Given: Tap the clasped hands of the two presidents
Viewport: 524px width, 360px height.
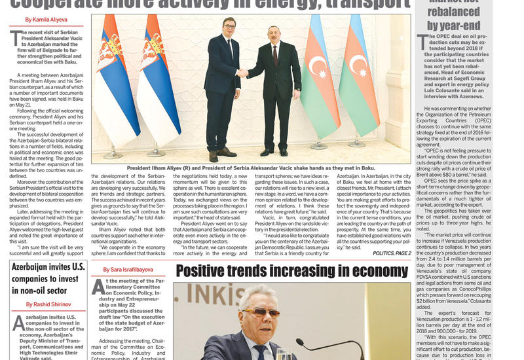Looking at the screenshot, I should [x=243, y=73].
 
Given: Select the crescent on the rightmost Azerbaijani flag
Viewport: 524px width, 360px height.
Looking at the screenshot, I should [x=357, y=65].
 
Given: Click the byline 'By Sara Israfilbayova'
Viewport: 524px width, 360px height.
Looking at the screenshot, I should [x=128, y=270].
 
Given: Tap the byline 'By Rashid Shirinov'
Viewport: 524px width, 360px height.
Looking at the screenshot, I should [x=48, y=304].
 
